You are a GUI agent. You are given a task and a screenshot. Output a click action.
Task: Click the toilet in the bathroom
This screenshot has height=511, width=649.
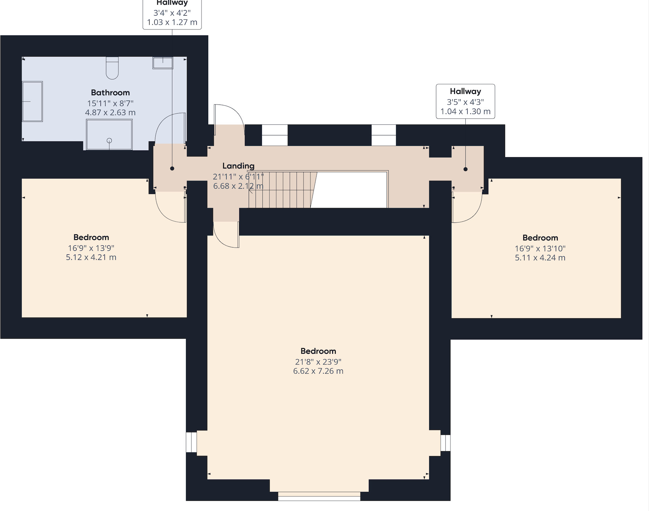(x=112, y=68)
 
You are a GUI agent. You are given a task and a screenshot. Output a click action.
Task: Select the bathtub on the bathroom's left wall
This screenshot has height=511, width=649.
(x=32, y=101)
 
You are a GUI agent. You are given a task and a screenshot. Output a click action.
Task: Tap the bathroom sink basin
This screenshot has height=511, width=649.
(x=163, y=63)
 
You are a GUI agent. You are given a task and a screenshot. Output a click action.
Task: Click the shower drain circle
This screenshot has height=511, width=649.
(x=109, y=140)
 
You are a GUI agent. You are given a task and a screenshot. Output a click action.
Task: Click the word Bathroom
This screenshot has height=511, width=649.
(x=110, y=93)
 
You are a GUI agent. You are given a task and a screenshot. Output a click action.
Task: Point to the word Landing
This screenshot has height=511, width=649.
(x=238, y=166)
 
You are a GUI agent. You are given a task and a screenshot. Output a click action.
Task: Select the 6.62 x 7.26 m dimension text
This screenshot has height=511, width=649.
(x=318, y=371)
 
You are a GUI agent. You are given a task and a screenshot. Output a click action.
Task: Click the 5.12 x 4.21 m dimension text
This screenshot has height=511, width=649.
(x=91, y=257)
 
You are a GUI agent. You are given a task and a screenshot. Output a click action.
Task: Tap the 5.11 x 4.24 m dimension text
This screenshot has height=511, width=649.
(x=540, y=258)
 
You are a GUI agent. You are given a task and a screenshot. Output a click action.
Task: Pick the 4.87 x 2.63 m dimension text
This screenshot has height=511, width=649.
(x=110, y=113)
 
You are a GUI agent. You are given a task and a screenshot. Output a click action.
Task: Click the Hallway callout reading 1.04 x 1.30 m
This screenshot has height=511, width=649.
(x=465, y=101)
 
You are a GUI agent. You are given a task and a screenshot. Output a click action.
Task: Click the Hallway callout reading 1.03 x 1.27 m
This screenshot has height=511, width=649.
(x=172, y=14)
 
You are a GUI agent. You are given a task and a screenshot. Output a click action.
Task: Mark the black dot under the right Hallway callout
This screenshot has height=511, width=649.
(x=465, y=169)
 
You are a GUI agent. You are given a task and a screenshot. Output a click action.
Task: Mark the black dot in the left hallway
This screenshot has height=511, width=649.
(x=172, y=168)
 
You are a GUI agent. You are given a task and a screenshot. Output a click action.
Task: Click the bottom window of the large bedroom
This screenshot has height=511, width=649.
(x=319, y=496)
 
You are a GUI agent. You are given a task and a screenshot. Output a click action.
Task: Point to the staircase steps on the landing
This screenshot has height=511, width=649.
(x=282, y=189)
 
